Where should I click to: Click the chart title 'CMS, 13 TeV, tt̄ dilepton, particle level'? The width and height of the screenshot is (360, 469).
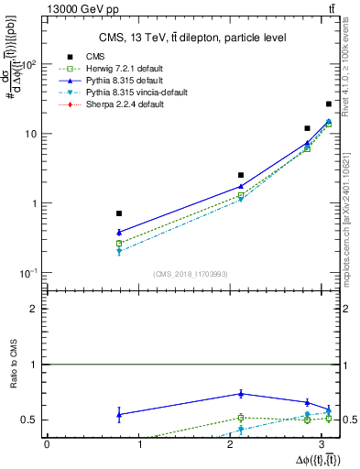pos(192,38)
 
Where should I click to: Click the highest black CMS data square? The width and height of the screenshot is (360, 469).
pos(329,104)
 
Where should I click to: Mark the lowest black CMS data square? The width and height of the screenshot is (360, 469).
pos(119,213)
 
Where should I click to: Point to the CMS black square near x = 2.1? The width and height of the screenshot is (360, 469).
pos(241,175)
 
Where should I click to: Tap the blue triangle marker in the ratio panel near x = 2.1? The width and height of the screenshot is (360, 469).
pos(241,394)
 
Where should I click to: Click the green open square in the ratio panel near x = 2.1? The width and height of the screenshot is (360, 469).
pos(241,418)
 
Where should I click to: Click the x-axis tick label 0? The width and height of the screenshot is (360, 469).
pos(47,444)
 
